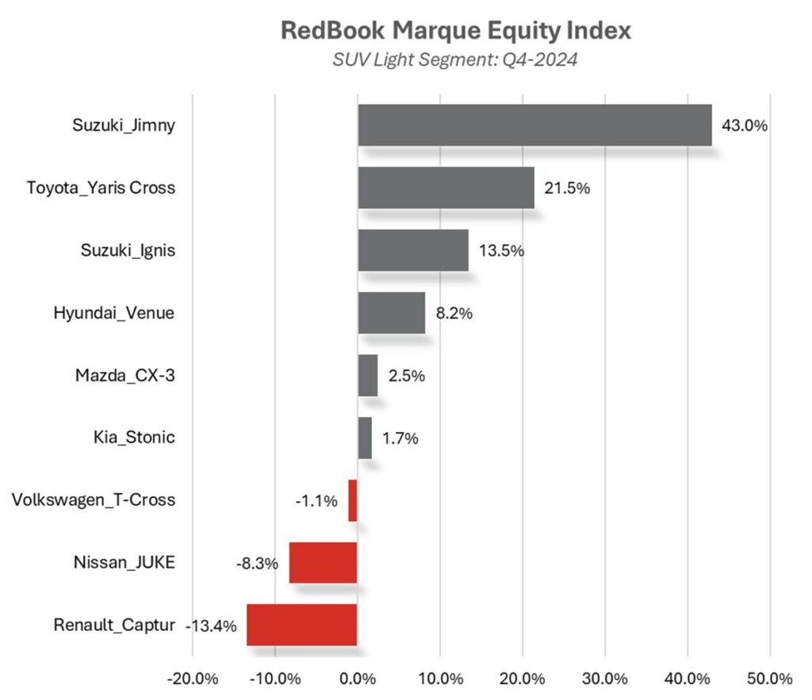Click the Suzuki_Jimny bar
coord(534,125)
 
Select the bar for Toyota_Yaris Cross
coord(446,188)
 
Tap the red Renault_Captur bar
coord(302,625)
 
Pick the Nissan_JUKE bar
coord(323,562)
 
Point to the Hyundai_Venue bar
coord(392,312)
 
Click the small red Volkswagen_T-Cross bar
coord(353,500)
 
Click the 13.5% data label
coord(501,251)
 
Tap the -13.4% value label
coord(211,625)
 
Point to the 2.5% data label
coord(407,375)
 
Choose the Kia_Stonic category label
coord(134,438)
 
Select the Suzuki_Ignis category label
coord(128,251)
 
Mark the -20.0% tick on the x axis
coord(193,679)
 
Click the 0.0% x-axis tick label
coord(358,679)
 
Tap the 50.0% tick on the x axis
coord(770,679)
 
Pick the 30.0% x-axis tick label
coord(605,679)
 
